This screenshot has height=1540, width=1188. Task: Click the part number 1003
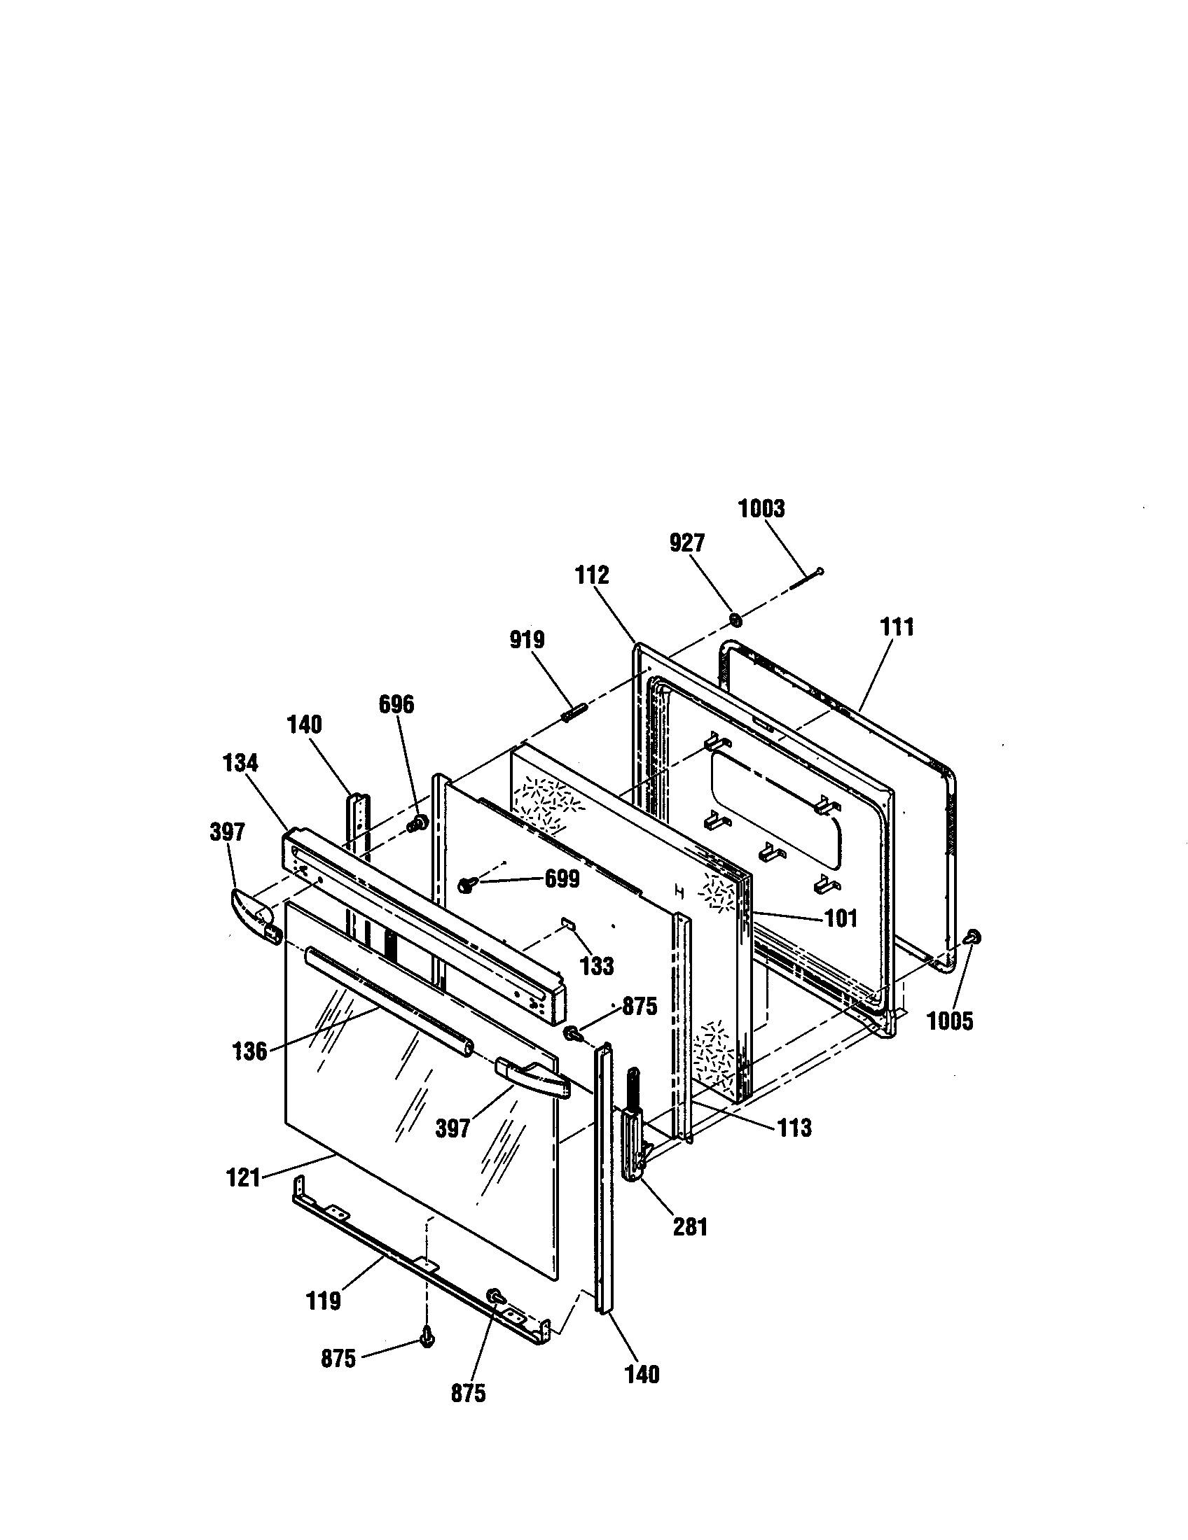[x=761, y=509]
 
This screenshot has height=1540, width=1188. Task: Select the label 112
[x=592, y=575]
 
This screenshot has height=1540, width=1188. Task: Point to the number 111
[x=897, y=627]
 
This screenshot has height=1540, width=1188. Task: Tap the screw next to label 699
[x=467, y=883]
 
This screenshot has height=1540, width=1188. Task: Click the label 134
[x=240, y=763]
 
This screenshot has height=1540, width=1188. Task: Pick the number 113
[x=795, y=1128]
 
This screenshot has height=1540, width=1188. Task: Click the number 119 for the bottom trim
[x=324, y=1301]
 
